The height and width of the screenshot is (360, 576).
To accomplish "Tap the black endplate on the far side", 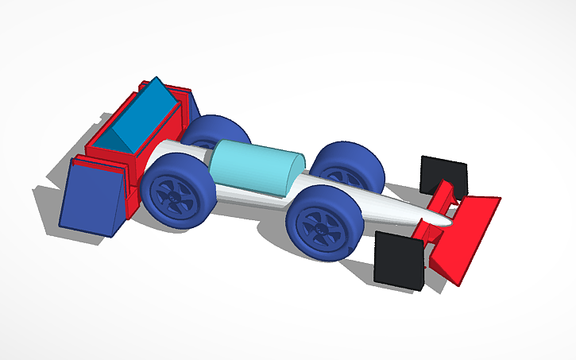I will pyautogui.click(x=443, y=172).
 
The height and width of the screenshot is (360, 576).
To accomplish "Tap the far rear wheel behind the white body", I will pyautogui.click(x=218, y=130).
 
